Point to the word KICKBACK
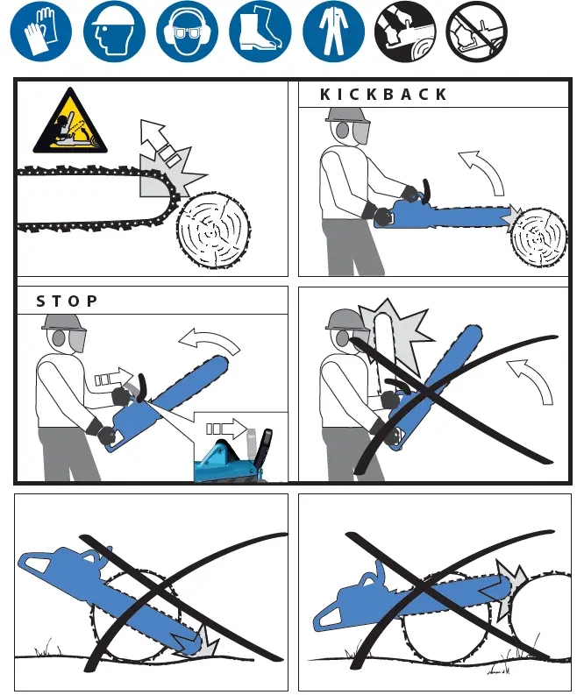click(383, 95)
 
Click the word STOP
click(67, 301)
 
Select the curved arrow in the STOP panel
click(208, 342)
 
